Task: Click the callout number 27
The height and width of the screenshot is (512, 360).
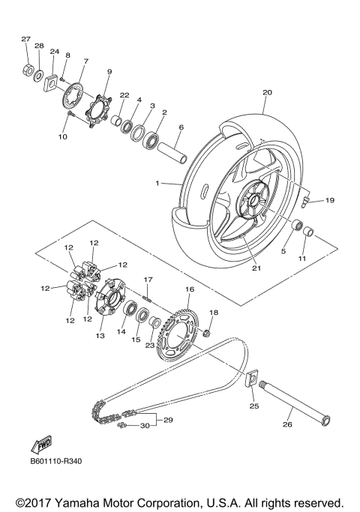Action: pyautogui.click(x=25, y=39)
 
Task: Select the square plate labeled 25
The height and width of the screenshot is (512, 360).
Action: pyautogui.click(x=253, y=381)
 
